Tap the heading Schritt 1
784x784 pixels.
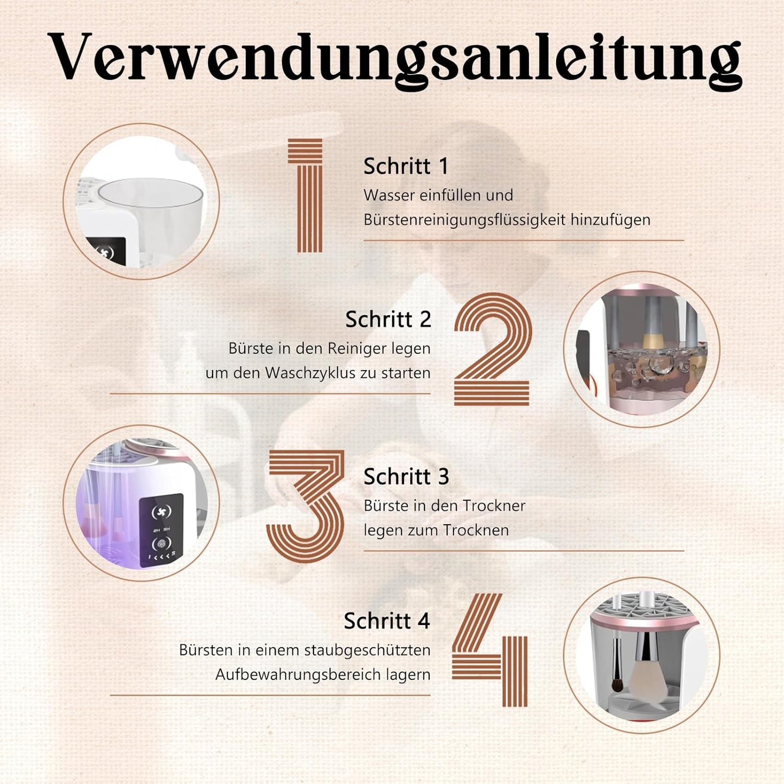(x=406, y=166)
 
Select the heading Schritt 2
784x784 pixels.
(x=388, y=319)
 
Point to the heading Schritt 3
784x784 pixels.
(x=406, y=476)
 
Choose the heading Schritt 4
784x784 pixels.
(x=386, y=621)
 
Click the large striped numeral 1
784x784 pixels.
(x=308, y=195)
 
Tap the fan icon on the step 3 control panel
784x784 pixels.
(x=161, y=512)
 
